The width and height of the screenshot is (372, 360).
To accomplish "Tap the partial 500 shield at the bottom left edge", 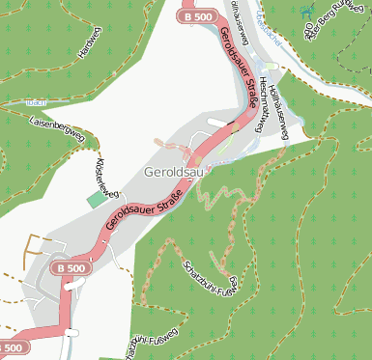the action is (11, 347).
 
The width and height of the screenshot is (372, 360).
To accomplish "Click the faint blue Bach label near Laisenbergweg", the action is (37, 100).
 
